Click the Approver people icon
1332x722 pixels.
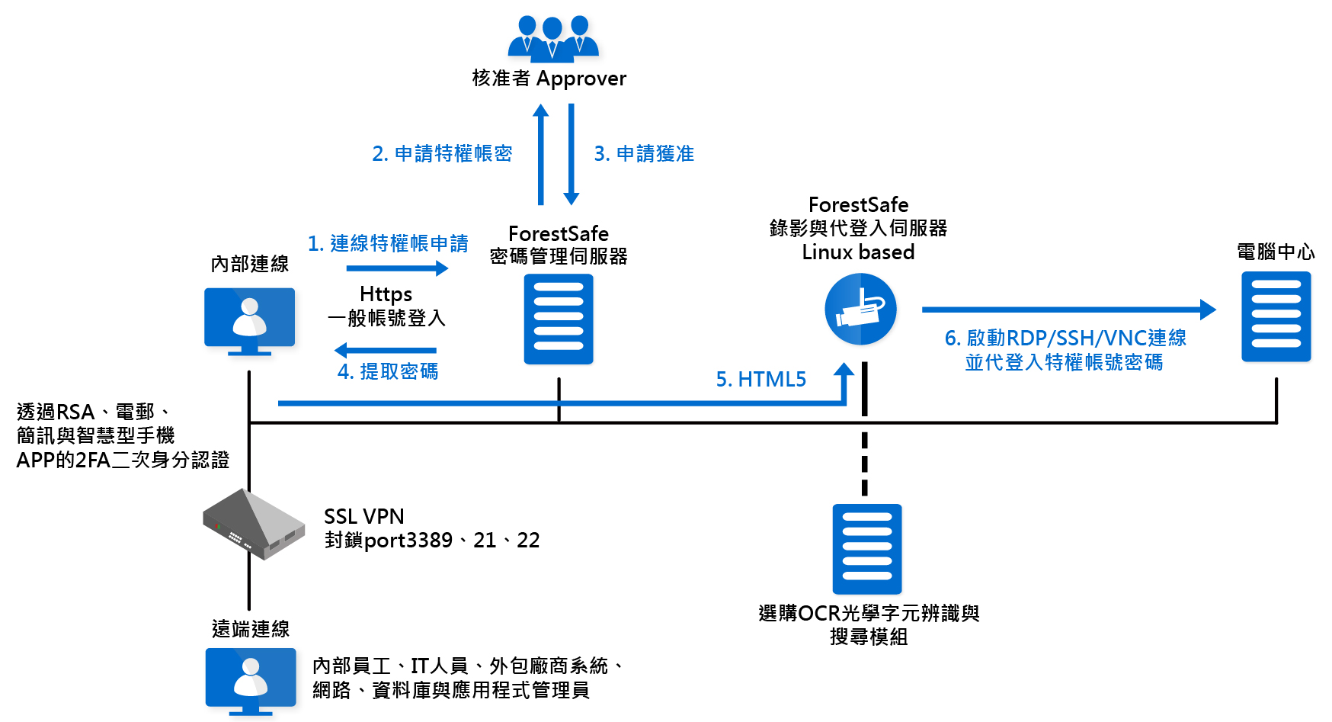click(x=552, y=38)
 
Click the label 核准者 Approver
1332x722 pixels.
click(x=549, y=79)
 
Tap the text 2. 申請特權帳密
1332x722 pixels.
click(x=442, y=154)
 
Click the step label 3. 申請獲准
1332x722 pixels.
click(x=644, y=154)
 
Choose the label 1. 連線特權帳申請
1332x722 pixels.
click(x=388, y=244)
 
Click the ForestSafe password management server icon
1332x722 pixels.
click(x=559, y=319)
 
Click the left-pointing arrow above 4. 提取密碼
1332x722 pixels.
click(x=386, y=350)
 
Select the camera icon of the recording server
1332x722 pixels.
click(x=860, y=310)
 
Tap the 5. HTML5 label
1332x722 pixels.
click(x=760, y=380)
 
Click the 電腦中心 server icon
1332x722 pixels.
click(x=1276, y=316)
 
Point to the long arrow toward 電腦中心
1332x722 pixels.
click(x=1067, y=310)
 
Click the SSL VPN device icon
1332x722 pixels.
click(x=254, y=524)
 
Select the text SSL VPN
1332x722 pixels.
click(x=363, y=517)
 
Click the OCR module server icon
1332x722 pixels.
click(x=867, y=549)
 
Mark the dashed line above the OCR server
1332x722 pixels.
click(x=864, y=464)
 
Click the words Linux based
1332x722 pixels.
click(x=858, y=252)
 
